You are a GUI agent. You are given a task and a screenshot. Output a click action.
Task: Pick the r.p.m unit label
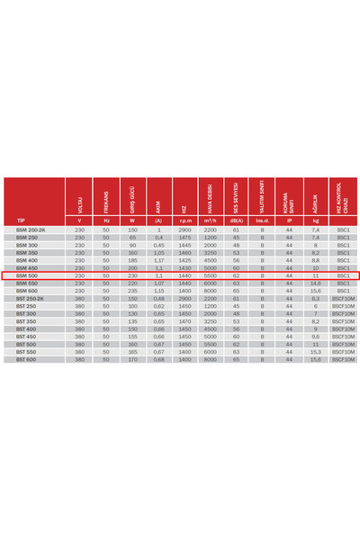click(x=184, y=220)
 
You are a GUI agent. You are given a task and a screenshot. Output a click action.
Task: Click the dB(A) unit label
click(x=236, y=220)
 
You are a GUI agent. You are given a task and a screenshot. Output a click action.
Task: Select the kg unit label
click(x=315, y=220)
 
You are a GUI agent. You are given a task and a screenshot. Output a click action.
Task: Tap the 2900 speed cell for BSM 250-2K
click(x=184, y=229)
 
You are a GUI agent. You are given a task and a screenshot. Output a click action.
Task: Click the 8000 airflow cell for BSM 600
click(x=210, y=291)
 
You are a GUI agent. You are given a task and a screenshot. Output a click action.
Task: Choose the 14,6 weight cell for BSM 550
click(x=315, y=283)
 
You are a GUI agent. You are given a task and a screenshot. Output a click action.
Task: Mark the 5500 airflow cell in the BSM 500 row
click(x=210, y=275)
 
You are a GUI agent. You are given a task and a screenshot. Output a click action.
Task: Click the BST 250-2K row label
click(x=30, y=299)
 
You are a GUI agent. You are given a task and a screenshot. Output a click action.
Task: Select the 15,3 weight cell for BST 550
click(x=315, y=352)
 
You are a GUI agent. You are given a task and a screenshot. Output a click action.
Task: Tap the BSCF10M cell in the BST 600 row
click(x=343, y=360)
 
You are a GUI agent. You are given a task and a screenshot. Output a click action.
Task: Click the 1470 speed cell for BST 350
click(x=184, y=321)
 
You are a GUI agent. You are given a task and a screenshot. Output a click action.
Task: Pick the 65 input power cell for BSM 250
click(x=132, y=238)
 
